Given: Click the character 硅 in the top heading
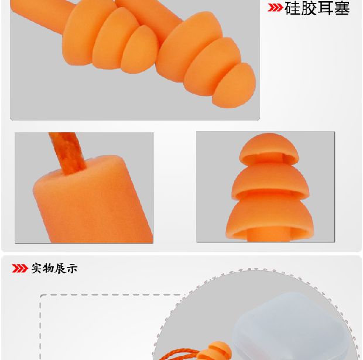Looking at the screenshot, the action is point(293,8).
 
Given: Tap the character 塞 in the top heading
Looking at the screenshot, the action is point(342,8).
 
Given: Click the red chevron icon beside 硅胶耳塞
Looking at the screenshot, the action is point(275,8).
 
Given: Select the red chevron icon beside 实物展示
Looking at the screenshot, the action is point(20,268).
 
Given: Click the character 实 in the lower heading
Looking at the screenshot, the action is point(37,268).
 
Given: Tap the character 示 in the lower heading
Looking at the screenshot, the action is point(72,269).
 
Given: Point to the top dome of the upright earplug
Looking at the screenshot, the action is point(269,148).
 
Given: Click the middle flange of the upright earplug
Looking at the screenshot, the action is point(270,180).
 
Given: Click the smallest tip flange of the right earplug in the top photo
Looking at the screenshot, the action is point(234,86).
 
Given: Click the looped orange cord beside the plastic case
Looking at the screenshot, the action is point(178,354).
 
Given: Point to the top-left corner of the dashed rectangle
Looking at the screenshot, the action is point(40,295).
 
